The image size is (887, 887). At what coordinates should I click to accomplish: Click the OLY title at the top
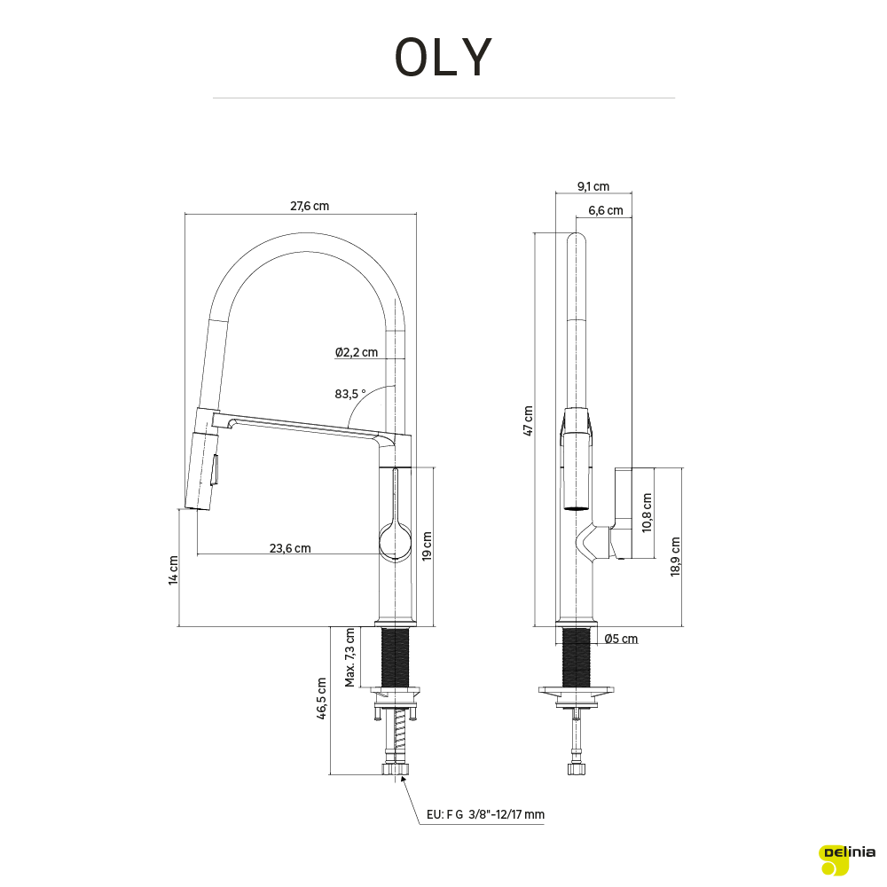pos(443,58)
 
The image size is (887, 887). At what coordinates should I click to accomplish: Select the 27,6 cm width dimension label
pos(310,206)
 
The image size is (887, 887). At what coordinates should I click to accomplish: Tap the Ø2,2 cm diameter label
pos(357,352)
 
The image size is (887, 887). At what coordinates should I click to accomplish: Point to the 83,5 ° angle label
pos(350,394)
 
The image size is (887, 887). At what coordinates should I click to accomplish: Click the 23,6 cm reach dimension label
pos(290,548)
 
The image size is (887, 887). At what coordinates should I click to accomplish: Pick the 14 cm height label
pos(174,569)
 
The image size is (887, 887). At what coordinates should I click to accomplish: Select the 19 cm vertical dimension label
pos(428,546)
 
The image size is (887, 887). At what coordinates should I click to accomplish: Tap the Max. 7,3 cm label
pos(350,657)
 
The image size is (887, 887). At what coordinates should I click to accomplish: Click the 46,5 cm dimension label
pos(322,701)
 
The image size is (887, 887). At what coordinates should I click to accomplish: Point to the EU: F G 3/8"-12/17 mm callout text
pos(485,814)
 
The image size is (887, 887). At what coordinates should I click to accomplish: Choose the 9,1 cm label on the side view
pos(593,186)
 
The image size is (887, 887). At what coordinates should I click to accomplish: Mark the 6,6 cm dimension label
pos(605,210)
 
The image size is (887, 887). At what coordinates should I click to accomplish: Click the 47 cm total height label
pos(529,420)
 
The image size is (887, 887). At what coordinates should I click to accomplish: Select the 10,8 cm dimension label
pos(648,513)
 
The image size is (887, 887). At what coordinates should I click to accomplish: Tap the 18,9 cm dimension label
pos(675,557)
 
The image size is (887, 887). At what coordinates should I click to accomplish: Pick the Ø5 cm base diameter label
pos(620,638)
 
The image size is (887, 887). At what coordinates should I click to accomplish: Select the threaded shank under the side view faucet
pos(577,657)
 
